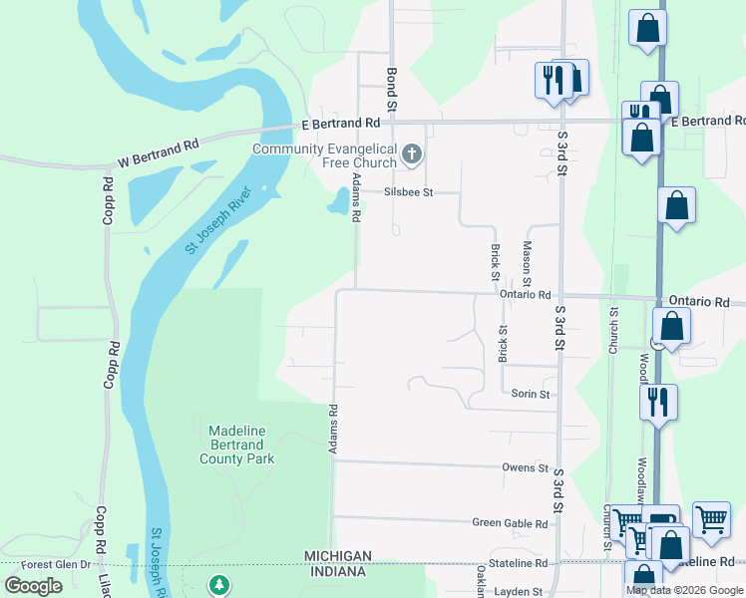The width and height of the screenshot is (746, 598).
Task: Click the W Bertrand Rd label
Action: (x=158, y=149)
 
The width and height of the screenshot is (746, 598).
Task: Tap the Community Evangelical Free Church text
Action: (x=324, y=155)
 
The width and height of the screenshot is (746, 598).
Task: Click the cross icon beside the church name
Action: (x=413, y=154)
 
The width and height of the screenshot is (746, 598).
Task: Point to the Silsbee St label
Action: (x=409, y=192)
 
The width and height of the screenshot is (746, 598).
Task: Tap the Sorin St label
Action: (x=531, y=395)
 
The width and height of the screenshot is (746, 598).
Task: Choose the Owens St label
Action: (x=525, y=467)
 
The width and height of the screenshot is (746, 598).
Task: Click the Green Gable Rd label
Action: (x=510, y=523)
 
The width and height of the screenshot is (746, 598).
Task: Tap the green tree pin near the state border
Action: (x=218, y=585)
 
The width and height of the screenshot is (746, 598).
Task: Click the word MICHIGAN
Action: (x=339, y=555)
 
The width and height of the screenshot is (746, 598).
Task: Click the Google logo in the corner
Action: (x=33, y=586)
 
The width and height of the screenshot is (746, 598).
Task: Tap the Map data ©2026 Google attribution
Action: (x=683, y=590)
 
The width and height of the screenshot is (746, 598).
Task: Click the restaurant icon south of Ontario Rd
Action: (x=658, y=402)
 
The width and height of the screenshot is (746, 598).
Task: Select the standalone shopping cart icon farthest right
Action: (x=711, y=518)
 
